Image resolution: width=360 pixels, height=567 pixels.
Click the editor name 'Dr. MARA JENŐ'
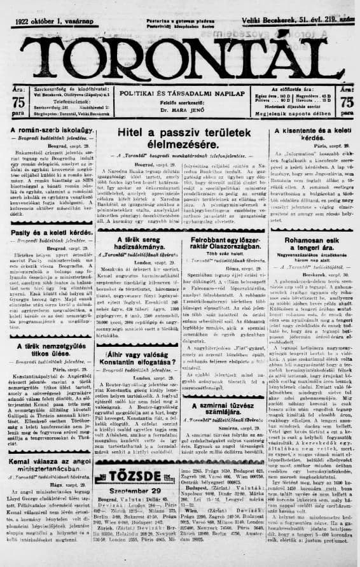click(x=179, y=110)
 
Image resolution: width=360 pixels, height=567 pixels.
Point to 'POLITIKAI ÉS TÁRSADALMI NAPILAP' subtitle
click(x=179, y=93)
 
